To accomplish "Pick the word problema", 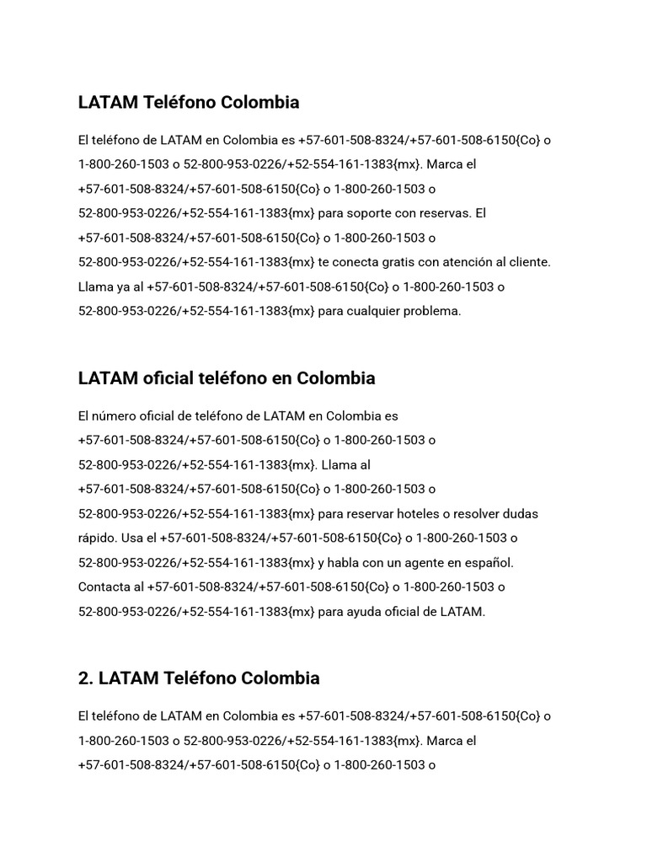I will tap(433, 311).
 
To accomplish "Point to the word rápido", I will tap(97, 538).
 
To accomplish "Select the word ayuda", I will tap(361, 611).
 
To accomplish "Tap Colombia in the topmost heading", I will tap(259, 102).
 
